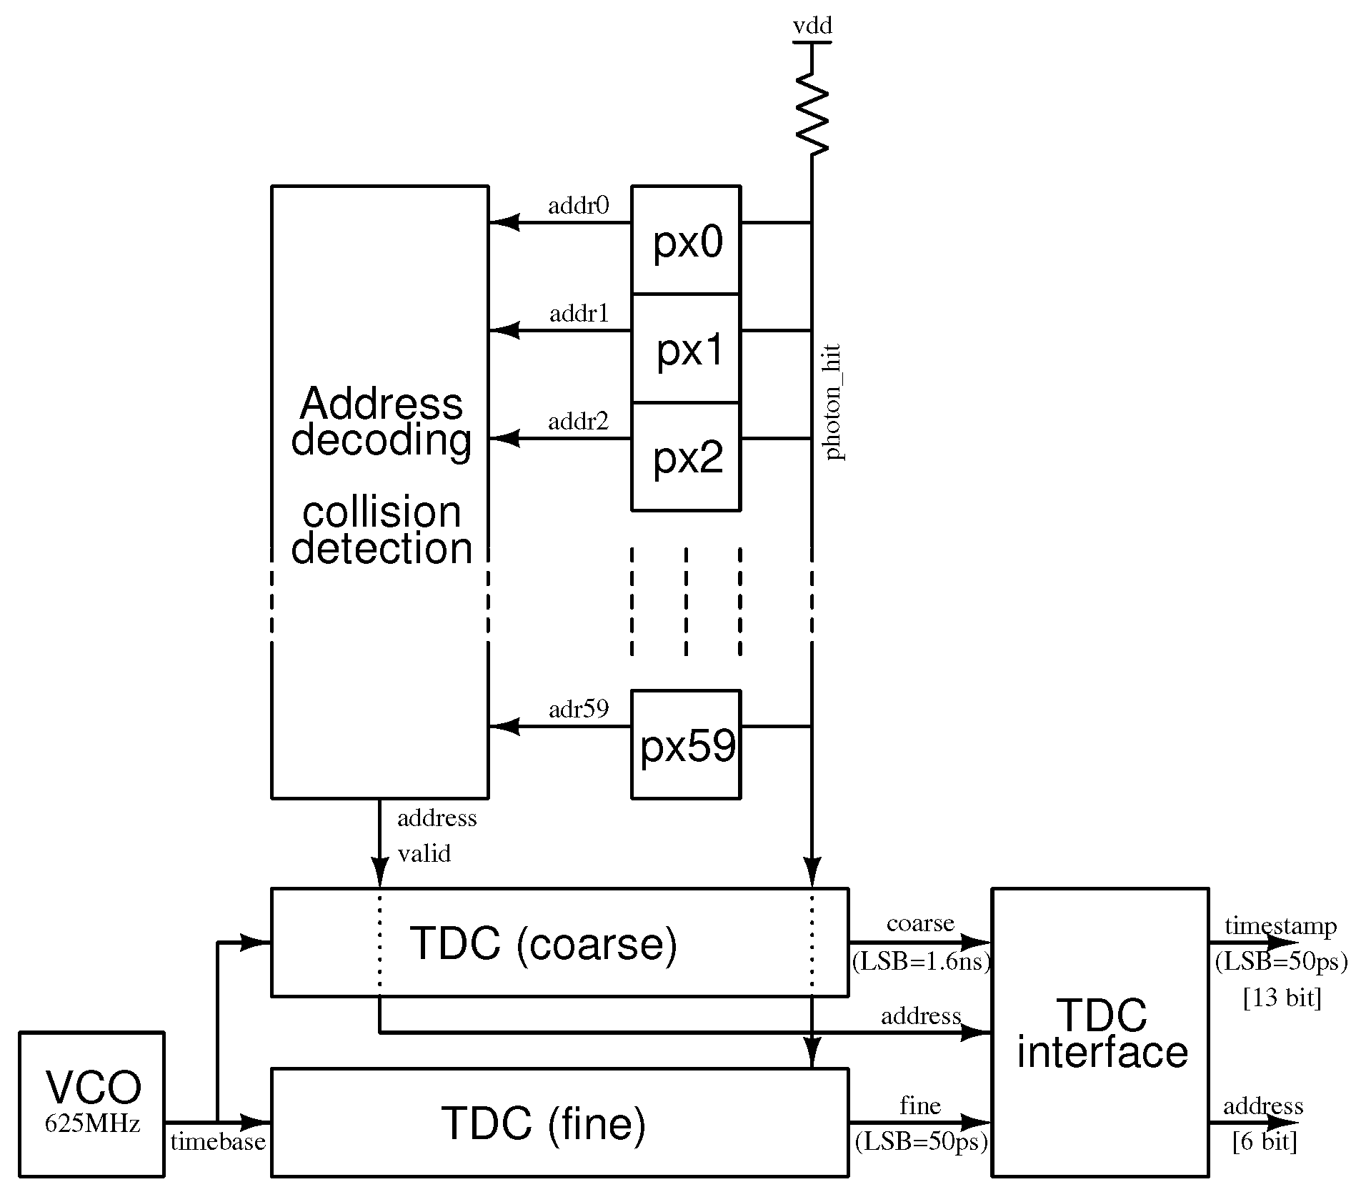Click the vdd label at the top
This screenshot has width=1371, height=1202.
point(812,26)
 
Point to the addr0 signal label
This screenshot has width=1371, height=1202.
point(578,206)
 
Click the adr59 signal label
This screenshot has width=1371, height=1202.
point(578,709)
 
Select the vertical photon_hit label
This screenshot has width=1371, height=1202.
point(833,402)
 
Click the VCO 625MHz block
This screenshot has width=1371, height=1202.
point(92,1104)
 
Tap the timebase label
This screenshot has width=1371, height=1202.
point(217,1141)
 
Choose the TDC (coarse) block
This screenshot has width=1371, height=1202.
point(559,943)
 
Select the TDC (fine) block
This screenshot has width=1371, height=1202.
point(559,1123)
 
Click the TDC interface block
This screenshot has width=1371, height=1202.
point(1100,1033)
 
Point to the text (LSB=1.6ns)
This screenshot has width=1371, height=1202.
point(921,962)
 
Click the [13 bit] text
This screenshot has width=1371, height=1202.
point(1282,998)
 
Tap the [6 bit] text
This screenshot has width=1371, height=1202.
point(1264,1141)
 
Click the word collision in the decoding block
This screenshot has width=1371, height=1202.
point(382,512)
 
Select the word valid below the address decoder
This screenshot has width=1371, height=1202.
point(424,853)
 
